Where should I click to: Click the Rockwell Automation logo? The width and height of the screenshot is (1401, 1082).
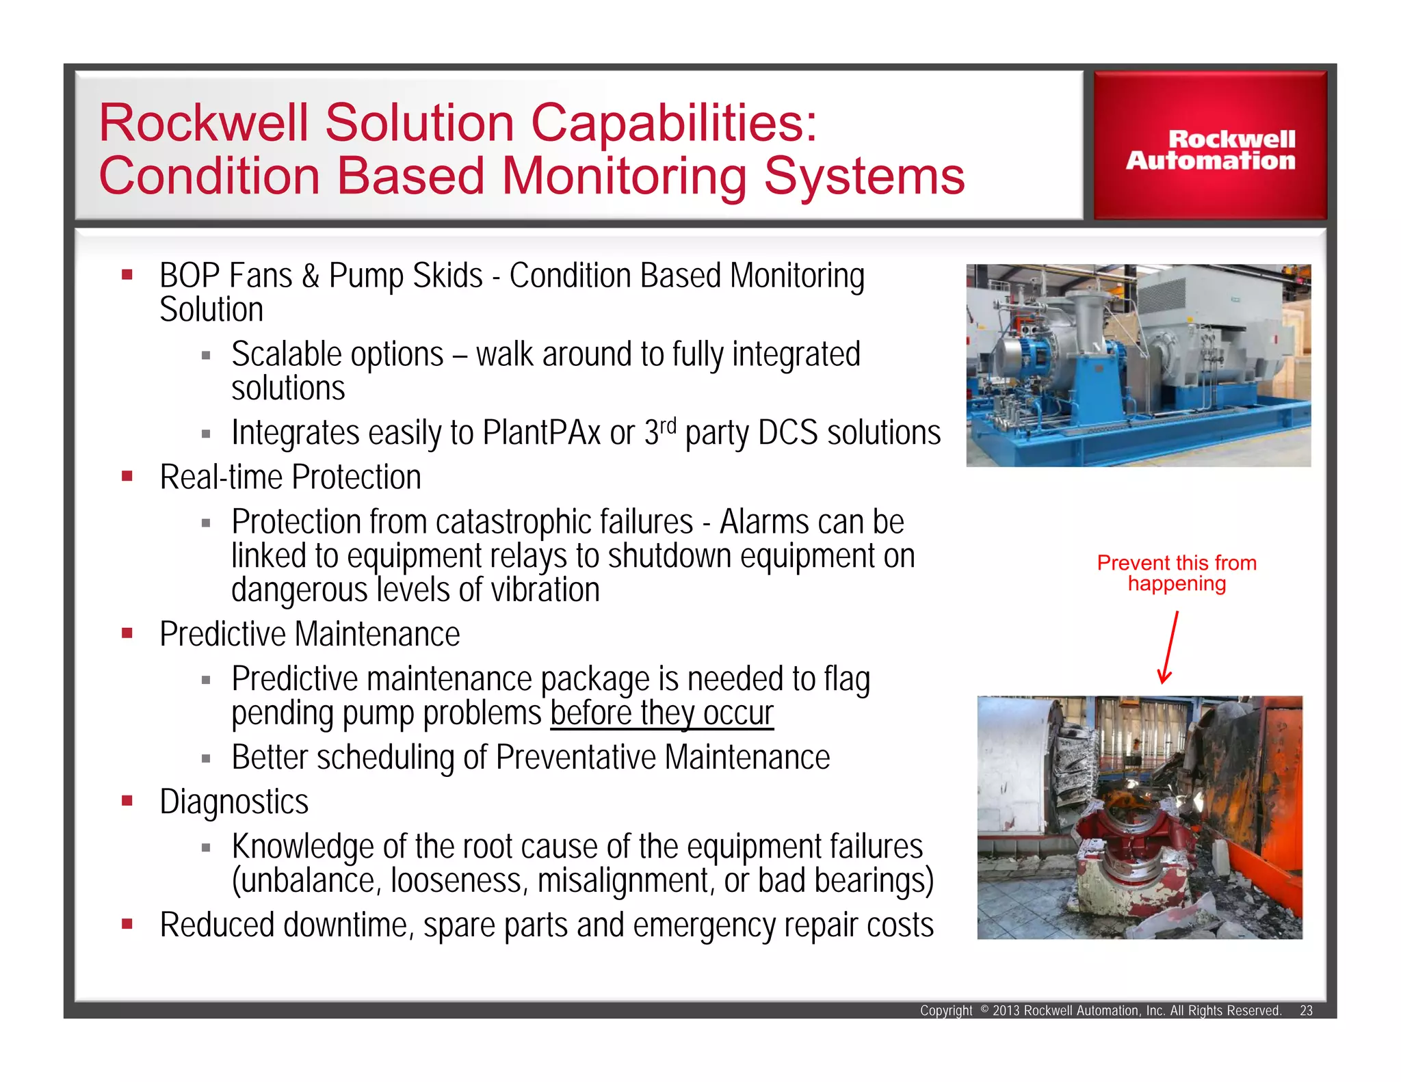1209,149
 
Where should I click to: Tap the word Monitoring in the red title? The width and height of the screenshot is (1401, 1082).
624,176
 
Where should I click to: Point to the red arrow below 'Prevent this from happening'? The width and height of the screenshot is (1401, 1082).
1168,648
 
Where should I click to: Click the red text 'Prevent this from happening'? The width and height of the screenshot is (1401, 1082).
1176,573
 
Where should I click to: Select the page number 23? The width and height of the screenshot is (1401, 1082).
1306,1010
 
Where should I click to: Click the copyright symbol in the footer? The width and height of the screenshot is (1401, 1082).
984,1009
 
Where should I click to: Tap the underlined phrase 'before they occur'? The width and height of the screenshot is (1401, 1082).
662,713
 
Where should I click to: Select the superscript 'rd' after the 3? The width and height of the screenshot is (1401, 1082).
668,425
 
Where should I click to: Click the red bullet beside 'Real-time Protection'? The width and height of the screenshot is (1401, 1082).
127,476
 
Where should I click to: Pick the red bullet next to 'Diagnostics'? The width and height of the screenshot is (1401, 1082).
127,800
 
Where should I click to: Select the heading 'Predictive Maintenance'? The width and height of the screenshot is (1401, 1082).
309,634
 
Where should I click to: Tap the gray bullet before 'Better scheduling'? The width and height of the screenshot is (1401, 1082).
206,758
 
